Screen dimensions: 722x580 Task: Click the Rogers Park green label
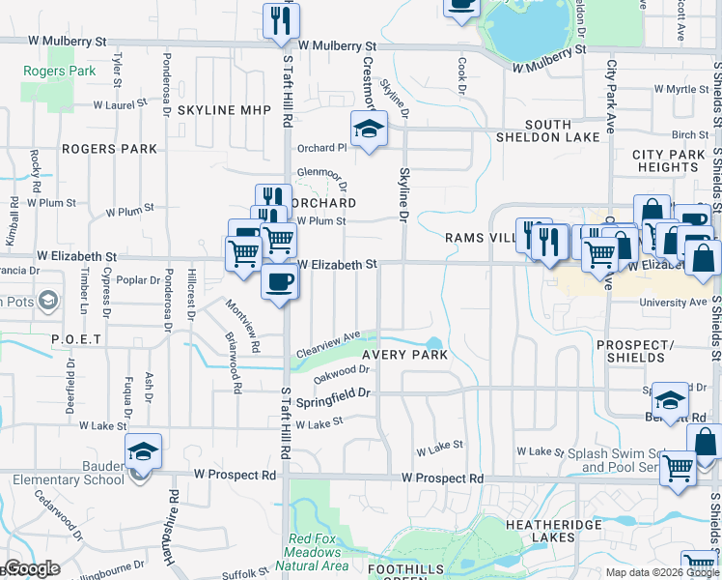pyautogui.click(x=59, y=71)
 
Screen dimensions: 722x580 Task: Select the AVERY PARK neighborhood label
pyautogui.click(x=404, y=382)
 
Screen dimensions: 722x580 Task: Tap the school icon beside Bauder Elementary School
pyautogui.click(x=143, y=451)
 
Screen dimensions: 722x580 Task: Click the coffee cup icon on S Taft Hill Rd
pyautogui.click(x=280, y=281)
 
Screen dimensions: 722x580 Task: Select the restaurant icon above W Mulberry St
pyautogui.click(x=281, y=20)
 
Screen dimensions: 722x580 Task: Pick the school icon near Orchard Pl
pyautogui.click(x=368, y=128)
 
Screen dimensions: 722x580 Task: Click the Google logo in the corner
pyautogui.click(x=31, y=568)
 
